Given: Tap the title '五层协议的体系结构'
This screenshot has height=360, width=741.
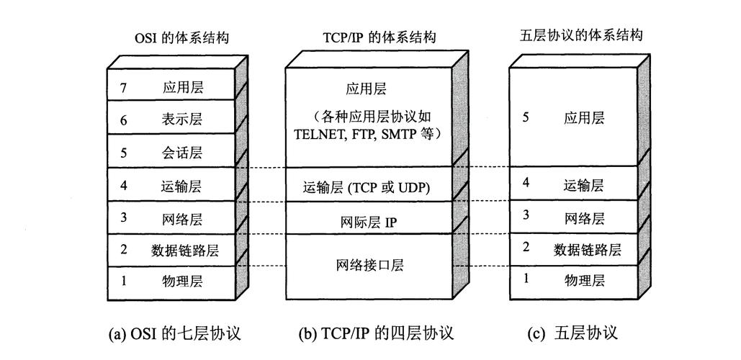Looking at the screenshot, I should (x=580, y=35).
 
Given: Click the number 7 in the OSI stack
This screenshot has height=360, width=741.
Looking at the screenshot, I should (x=123, y=88).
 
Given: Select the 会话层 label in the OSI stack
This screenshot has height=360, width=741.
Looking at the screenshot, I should (x=182, y=153).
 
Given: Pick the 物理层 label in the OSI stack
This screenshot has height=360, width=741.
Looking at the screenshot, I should (x=182, y=281).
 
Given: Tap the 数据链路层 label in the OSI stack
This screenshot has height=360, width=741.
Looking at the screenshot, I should (x=184, y=250).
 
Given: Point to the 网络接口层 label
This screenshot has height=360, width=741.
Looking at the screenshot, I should (x=369, y=265).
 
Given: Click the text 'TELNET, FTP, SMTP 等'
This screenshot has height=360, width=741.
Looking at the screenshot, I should (x=368, y=133).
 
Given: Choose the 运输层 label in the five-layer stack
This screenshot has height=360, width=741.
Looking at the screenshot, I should (x=584, y=185).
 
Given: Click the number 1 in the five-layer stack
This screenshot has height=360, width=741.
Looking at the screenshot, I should (x=526, y=277).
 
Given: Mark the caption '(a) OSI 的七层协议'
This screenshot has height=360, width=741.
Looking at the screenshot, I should (x=173, y=333).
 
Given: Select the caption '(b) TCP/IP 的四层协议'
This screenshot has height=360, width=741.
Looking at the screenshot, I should (x=376, y=333).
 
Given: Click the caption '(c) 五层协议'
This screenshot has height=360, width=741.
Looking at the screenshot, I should (x=573, y=333).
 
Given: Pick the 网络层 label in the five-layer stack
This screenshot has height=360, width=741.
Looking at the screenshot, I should (x=584, y=217).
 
